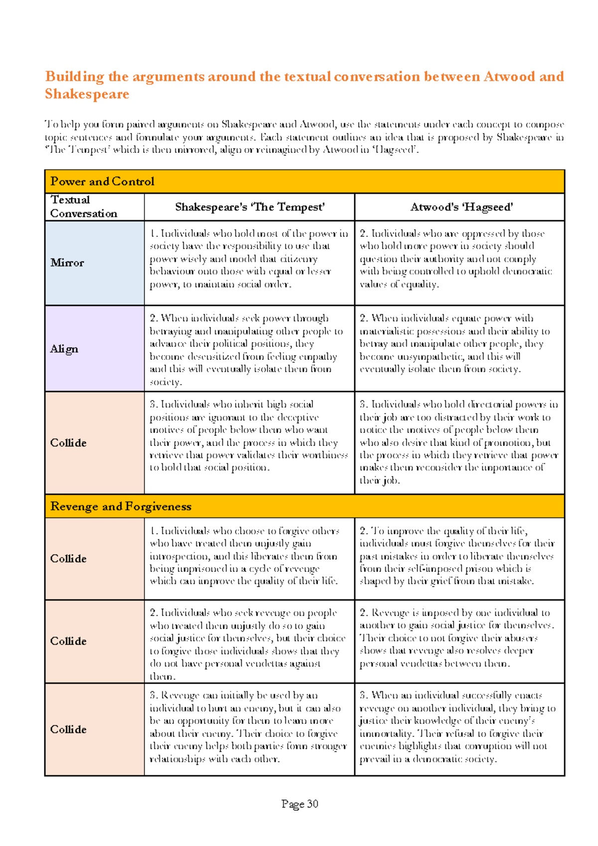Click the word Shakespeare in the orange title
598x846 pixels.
[87, 94]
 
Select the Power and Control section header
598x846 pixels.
[102, 182]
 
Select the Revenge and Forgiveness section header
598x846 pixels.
[121, 507]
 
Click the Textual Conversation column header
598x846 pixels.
[84, 207]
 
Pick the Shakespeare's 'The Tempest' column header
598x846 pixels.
[250, 207]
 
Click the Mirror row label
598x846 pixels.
[67, 263]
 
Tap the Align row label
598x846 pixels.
[64, 349]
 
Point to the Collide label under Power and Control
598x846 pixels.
[68, 443]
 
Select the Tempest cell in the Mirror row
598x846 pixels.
[249, 259]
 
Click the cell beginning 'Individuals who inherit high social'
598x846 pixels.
[249, 436]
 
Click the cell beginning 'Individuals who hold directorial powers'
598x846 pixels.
[458, 442]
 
